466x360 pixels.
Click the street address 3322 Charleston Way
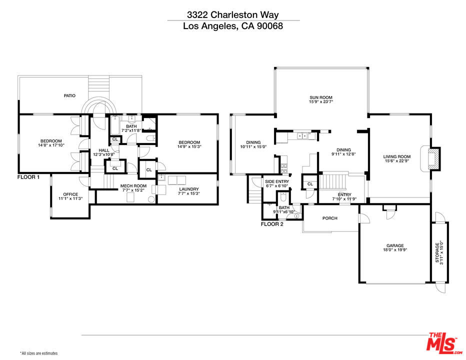pos(233,15)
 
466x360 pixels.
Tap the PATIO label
pos(69,95)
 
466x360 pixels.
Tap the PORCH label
pos(329,218)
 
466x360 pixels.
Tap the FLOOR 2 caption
pos(272,224)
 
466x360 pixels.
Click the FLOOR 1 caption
pos(28,177)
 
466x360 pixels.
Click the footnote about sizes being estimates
pos(39,353)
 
